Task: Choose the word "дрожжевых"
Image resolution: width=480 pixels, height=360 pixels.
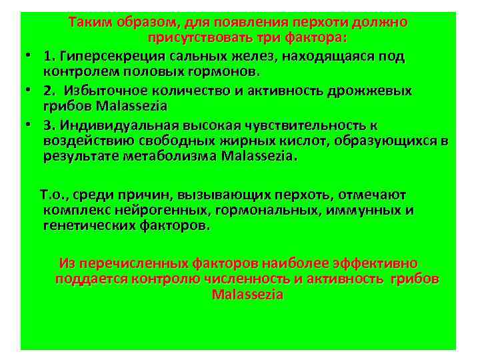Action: [374, 91]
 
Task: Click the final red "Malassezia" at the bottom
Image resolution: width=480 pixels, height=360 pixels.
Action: [247, 294]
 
